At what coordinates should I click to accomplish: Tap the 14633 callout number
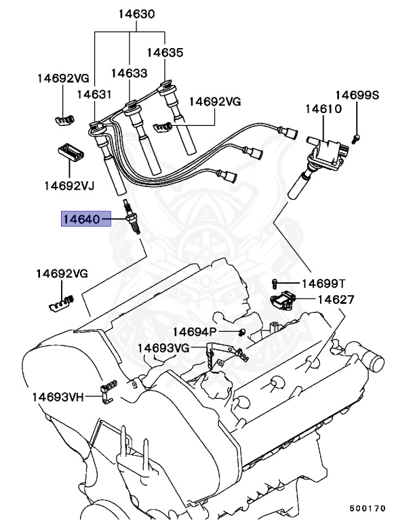tap(129, 72)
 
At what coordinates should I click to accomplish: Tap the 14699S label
tap(357, 95)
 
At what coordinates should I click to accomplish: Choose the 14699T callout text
tap(323, 283)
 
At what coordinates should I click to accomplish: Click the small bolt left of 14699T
tap(275, 282)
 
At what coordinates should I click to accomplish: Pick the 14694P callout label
tap(194, 331)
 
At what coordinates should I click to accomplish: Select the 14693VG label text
tap(163, 347)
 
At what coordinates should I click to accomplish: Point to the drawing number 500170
tap(368, 506)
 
